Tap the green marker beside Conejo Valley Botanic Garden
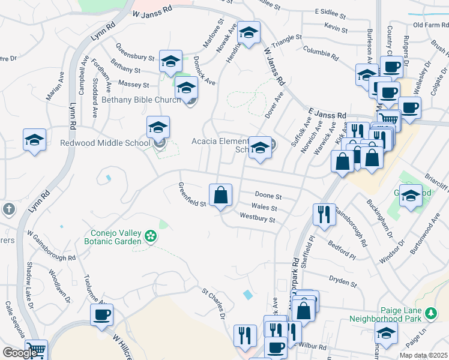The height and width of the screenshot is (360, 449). pos(152,236)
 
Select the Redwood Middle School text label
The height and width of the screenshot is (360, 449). pos(105,143)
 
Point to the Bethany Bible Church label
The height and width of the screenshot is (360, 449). pos(140,100)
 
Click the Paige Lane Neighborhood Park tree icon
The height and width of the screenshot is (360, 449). pos(430,313)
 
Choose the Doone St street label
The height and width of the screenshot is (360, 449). pos(268,196)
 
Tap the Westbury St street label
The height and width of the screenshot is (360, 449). pos(257,220)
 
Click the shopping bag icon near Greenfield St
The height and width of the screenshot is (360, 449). pos(220,194)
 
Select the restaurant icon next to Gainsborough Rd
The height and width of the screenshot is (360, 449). pos(324,214)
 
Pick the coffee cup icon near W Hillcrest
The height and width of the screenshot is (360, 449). pos(101,314)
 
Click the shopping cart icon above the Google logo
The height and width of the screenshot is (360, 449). pos(37,350)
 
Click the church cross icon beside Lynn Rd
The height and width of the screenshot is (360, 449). pos(8,209)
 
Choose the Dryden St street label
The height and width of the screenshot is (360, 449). pos(343,280)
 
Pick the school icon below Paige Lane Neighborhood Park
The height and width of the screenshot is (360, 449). pos(386,333)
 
